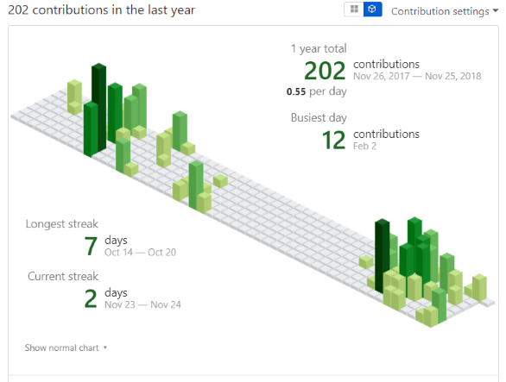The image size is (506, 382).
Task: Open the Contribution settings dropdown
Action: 444,11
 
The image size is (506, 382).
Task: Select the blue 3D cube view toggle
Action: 372,9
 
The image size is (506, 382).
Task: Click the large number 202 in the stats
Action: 325,71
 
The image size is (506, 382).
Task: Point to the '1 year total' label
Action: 319,49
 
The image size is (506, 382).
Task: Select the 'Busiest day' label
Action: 319,118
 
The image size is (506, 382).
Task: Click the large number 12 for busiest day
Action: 333,140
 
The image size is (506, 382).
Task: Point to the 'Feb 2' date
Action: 365,147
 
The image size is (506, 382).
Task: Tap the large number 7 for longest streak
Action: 90,246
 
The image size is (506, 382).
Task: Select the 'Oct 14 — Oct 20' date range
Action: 140,252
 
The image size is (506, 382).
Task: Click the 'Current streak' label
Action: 61,276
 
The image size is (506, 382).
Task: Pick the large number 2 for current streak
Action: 90,298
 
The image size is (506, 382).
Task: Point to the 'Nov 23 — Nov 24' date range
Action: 142,304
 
